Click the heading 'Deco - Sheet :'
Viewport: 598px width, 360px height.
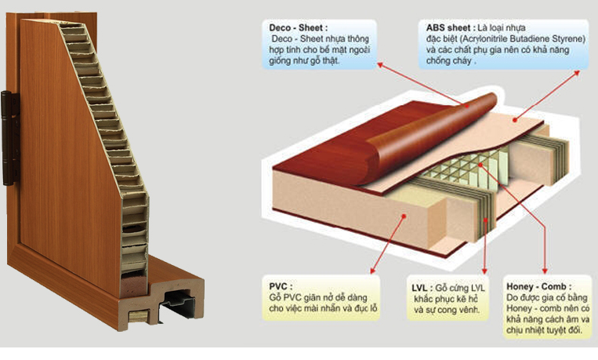tap(298, 28)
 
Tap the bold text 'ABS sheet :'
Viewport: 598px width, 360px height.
tap(451, 28)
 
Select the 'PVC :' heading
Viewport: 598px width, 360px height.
tap(281, 286)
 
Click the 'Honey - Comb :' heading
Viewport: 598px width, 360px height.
tap(539, 286)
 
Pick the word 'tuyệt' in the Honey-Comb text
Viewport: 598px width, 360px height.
tap(556, 330)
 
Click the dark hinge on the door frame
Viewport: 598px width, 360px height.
tap(9, 138)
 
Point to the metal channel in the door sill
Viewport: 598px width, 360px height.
tap(179, 303)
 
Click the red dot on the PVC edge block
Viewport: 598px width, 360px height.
tap(404, 216)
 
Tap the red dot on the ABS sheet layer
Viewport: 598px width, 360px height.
tap(514, 120)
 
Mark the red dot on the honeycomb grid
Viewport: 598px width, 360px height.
tap(480, 165)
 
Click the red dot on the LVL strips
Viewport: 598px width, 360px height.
tap(485, 220)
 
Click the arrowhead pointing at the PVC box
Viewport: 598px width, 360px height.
tap(372, 271)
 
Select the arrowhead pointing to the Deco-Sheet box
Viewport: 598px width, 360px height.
tap(380, 65)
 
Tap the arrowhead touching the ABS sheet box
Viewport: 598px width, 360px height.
tap(577, 72)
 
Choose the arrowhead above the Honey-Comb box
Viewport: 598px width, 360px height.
tap(545, 271)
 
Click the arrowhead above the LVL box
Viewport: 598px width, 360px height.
tap(484, 271)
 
